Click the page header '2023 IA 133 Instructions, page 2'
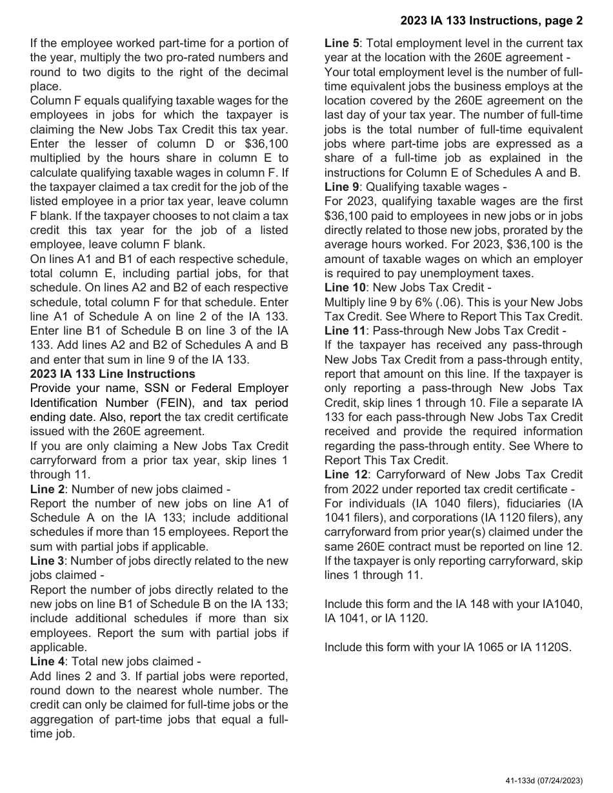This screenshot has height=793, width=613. pos(491,21)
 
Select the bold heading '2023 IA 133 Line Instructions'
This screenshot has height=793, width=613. pos(112,374)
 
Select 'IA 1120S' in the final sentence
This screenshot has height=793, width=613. pos(547,647)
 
